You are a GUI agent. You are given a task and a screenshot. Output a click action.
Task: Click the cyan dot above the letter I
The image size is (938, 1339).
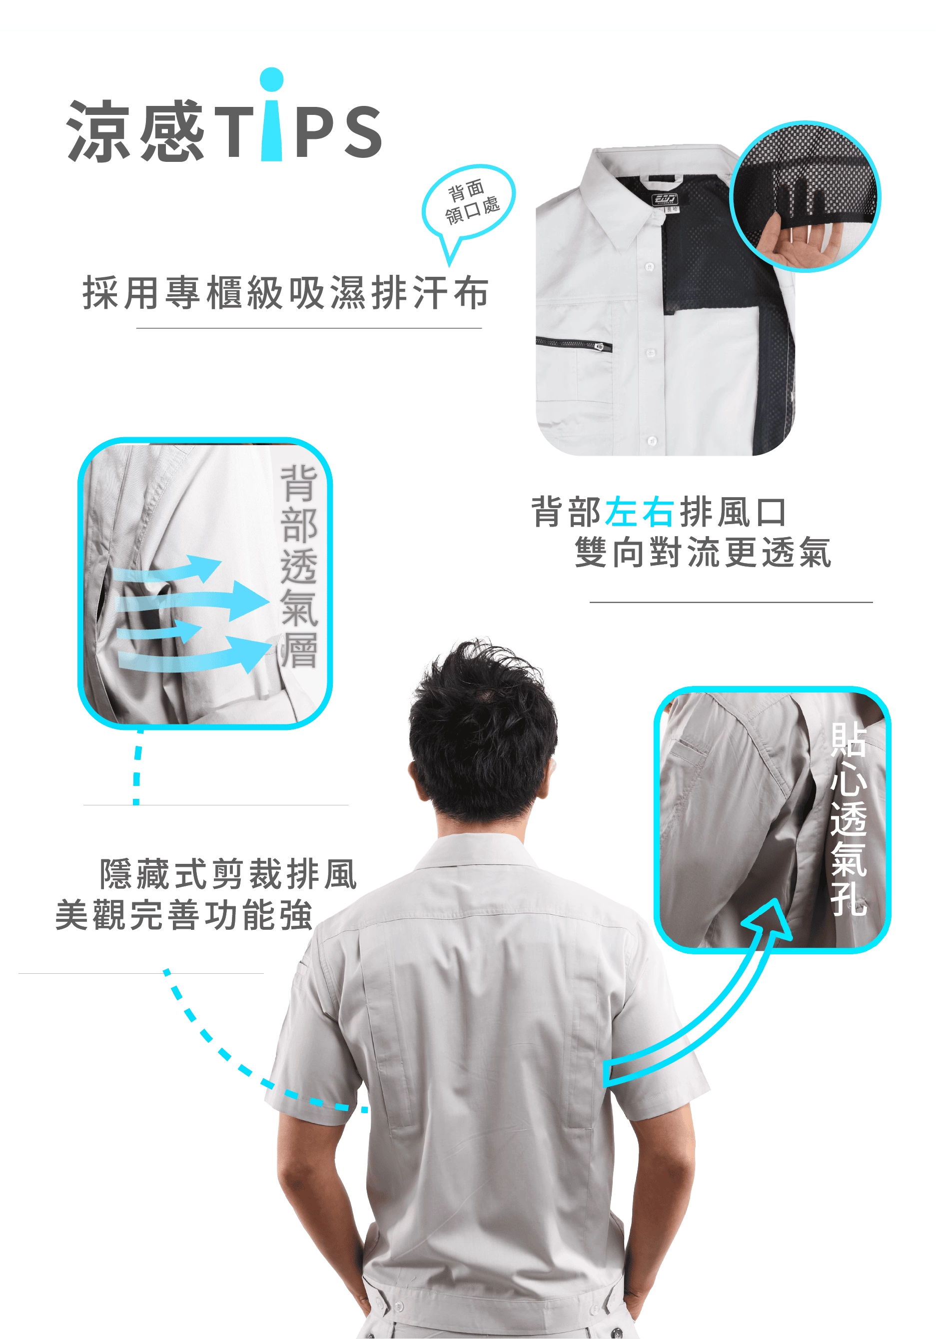coord(271,80)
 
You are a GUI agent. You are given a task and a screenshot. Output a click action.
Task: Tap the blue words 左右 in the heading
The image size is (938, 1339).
coord(640,512)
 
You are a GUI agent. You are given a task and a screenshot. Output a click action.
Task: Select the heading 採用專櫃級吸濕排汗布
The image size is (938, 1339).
coord(285,292)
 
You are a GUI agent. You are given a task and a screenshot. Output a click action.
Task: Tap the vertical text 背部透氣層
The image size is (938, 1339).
coord(299,566)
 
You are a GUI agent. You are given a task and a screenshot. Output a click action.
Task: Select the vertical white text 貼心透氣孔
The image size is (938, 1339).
coord(849,819)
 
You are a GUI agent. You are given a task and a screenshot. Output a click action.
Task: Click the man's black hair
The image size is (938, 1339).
coord(481,723)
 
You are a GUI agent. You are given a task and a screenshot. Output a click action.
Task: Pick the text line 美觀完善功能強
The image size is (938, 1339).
coord(184,915)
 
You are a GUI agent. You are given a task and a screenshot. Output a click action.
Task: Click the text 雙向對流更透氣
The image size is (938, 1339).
coord(703,552)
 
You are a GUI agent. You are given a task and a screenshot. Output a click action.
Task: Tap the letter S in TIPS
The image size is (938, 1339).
coord(362,133)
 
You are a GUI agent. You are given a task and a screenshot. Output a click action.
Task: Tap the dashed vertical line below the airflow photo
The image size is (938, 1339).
coord(137,766)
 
